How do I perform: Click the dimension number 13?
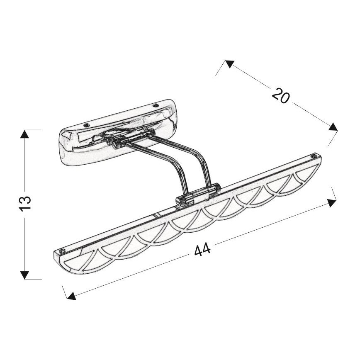coord(25,203)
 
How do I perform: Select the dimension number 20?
coord(281,95)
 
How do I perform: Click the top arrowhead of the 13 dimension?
coord(24,134)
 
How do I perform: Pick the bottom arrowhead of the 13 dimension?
coord(24,275)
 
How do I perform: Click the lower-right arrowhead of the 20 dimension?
coord(333,127)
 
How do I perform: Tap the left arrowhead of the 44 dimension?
coord(71,296)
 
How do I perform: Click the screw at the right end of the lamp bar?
coord(313,156)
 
